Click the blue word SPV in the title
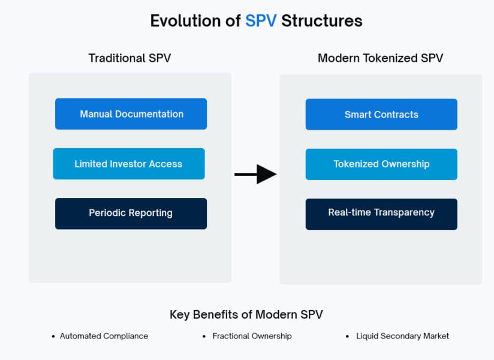point(261,21)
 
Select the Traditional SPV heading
point(134,58)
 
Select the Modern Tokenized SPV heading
point(380,58)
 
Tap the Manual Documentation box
point(131,114)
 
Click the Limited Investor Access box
point(128,164)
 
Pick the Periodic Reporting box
point(131,214)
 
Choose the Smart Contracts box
point(381,115)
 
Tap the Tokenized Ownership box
point(381,164)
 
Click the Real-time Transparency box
point(381,214)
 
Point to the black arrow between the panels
point(255,174)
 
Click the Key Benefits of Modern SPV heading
point(246,314)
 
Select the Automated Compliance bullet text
point(104,336)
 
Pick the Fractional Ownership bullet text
point(252,336)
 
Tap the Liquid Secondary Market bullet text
point(402,336)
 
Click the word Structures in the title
point(322,21)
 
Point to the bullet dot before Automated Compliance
point(53,337)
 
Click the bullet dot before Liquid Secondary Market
point(348,337)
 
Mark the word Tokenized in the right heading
point(387,58)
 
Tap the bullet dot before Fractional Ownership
point(204,337)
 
